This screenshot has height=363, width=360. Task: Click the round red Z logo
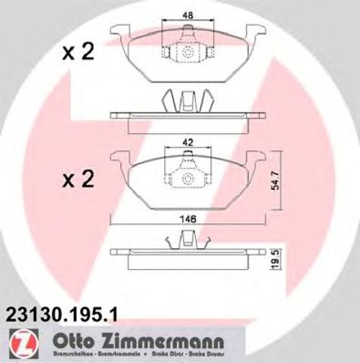point(17,343)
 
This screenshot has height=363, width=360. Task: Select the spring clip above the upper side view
point(186,101)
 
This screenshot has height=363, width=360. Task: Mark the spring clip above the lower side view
point(186,240)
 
